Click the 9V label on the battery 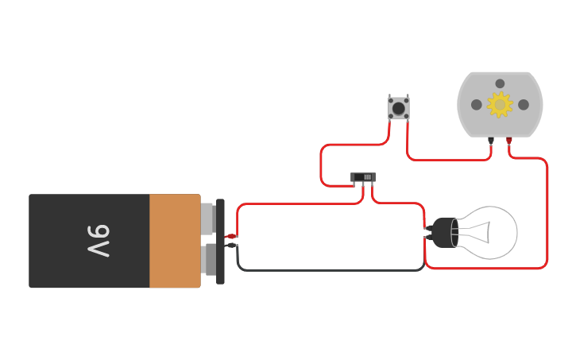click(98, 241)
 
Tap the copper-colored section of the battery click(175, 241)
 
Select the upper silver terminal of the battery click(207, 219)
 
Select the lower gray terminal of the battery click(210, 260)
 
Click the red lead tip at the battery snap click(230, 236)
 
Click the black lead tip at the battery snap click(231, 246)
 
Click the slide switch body click(362, 177)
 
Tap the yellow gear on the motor click(500, 104)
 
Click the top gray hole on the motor click(500, 83)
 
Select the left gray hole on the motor click(476, 104)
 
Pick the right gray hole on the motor click(524, 104)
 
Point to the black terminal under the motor click(491, 141)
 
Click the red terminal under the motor click(509, 141)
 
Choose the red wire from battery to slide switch click(302, 204)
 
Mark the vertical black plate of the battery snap click(220, 241)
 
